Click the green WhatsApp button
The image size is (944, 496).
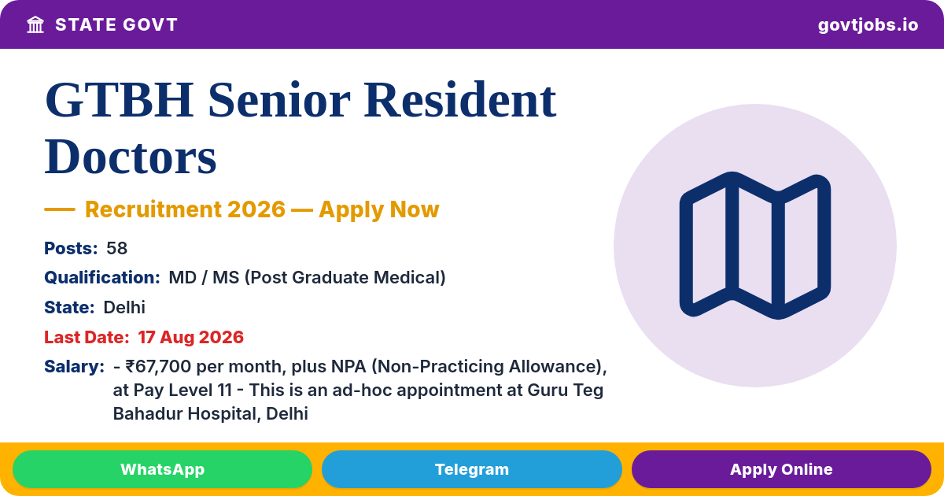tap(162, 469)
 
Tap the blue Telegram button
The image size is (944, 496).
tap(471, 469)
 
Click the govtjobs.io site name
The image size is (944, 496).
tap(868, 25)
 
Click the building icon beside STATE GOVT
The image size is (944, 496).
tap(35, 25)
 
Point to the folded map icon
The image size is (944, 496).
tap(754, 246)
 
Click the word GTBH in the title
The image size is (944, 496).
tap(120, 101)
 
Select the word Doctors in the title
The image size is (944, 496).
tap(131, 157)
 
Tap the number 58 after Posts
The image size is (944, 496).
tap(116, 249)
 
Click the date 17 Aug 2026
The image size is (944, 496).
tap(190, 338)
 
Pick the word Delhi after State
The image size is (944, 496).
tap(124, 308)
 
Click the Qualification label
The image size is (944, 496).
tap(102, 277)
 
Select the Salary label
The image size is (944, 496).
tap(75, 367)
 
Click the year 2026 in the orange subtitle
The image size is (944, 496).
tap(256, 209)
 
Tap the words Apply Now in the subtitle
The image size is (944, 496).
tap(379, 209)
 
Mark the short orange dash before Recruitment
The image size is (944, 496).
tap(60, 209)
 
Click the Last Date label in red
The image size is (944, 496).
tap(87, 338)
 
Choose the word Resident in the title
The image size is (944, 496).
tap(459, 101)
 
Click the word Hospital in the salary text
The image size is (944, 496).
tap(223, 414)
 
